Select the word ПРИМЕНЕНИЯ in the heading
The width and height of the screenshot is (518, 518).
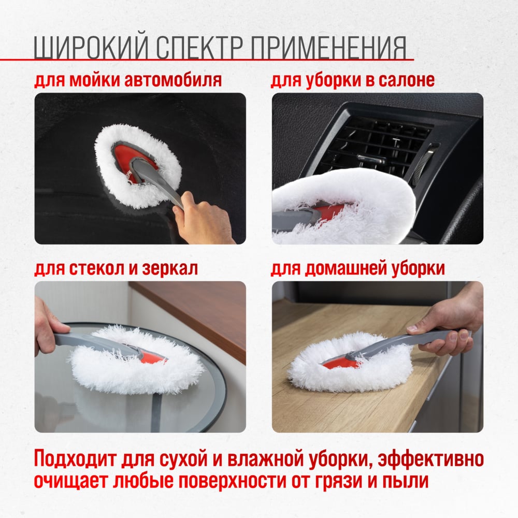click(x=328, y=47)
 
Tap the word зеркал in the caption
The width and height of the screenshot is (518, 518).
click(x=170, y=268)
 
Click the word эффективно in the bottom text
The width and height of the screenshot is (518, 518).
click(x=431, y=459)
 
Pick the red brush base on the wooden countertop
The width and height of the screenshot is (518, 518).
click(x=340, y=364)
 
